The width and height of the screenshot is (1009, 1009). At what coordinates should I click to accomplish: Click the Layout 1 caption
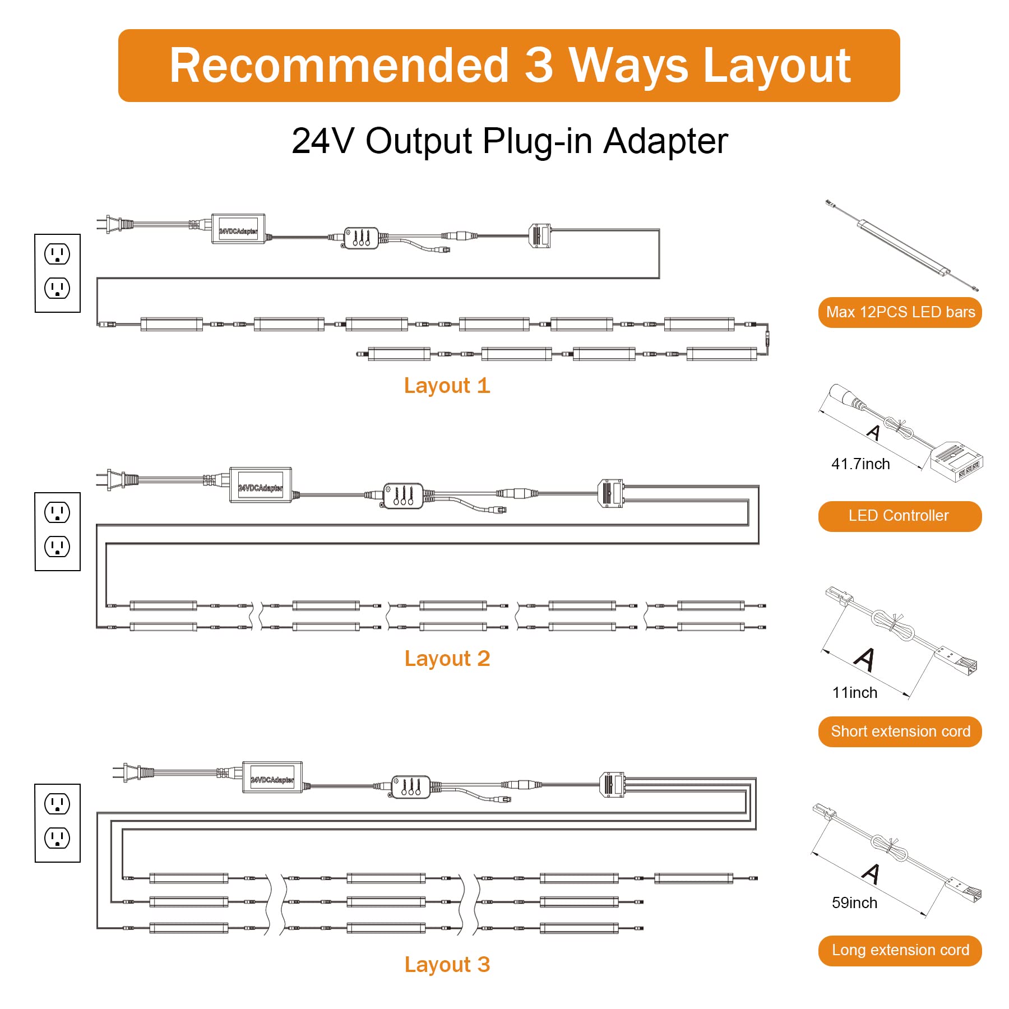point(447,386)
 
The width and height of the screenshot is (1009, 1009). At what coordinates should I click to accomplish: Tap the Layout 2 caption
point(447,659)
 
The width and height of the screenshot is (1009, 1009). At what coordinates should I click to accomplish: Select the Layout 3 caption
point(447,965)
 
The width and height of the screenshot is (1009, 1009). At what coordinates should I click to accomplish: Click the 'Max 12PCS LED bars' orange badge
point(900,312)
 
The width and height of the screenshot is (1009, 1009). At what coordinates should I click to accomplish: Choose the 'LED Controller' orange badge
point(900,516)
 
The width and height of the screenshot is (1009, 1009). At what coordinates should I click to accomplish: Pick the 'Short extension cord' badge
point(900,732)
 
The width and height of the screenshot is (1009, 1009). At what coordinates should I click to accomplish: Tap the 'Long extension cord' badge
point(900,950)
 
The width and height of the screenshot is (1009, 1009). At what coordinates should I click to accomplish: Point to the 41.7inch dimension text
point(860,464)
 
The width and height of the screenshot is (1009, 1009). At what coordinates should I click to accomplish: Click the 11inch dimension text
point(855,693)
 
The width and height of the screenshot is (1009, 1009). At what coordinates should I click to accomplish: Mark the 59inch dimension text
point(854,902)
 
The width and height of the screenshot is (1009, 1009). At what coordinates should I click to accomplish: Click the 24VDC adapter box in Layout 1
point(238,229)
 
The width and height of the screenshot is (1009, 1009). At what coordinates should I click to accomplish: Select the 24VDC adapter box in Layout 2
point(261,485)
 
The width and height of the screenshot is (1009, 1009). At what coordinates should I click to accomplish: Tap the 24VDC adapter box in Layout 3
point(272,777)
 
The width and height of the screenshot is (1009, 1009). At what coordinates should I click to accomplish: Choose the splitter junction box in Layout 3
point(612,784)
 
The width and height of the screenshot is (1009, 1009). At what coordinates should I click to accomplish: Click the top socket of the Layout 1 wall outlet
point(57,254)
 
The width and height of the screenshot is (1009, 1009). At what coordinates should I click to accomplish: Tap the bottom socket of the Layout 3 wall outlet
point(57,838)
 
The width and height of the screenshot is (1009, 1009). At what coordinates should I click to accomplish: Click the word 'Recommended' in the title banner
point(339,66)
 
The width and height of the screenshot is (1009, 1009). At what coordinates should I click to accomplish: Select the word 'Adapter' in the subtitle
point(665,141)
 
